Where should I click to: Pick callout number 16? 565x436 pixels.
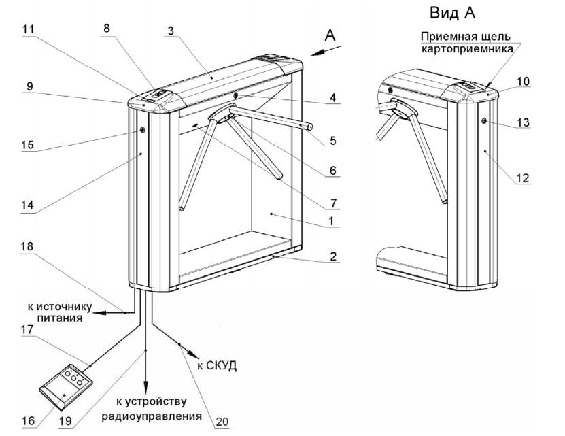coord(27,421)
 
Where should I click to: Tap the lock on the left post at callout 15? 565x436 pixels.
coord(142,130)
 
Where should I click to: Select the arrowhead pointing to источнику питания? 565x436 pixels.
coord(97,313)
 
